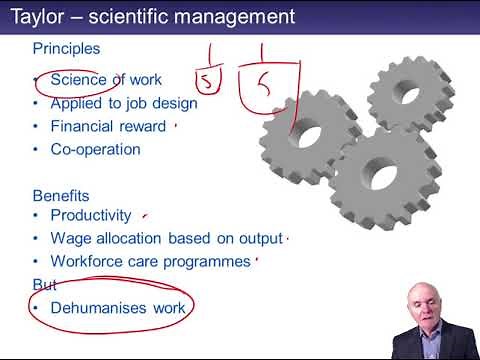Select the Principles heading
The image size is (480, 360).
tap(65, 48)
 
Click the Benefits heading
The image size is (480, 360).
tap(61, 195)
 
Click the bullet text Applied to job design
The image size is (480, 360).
tap(124, 102)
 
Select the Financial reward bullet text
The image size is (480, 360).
tap(108, 126)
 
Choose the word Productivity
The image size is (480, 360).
tap(91, 215)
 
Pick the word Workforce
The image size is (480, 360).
tap(88, 261)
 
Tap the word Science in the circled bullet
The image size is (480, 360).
tap(77, 79)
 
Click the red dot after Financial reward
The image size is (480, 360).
tap(176, 127)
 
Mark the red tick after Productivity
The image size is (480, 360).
tap(146, 213)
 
